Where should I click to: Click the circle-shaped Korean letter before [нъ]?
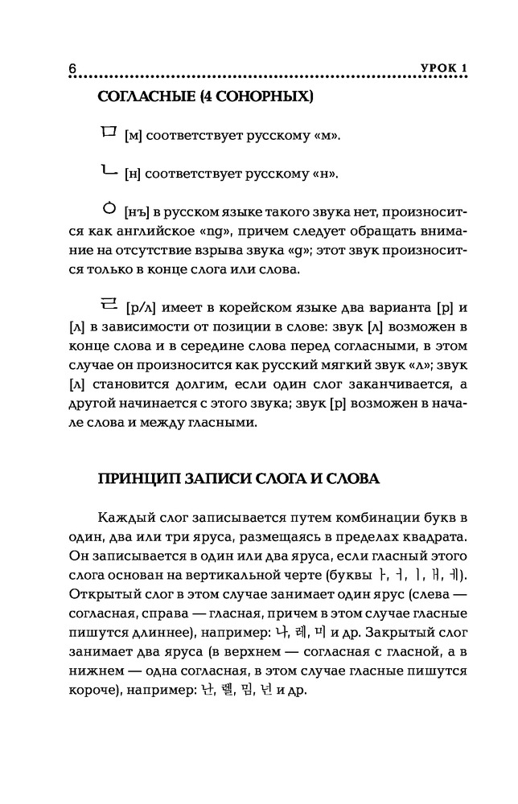(x=109, y=208)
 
